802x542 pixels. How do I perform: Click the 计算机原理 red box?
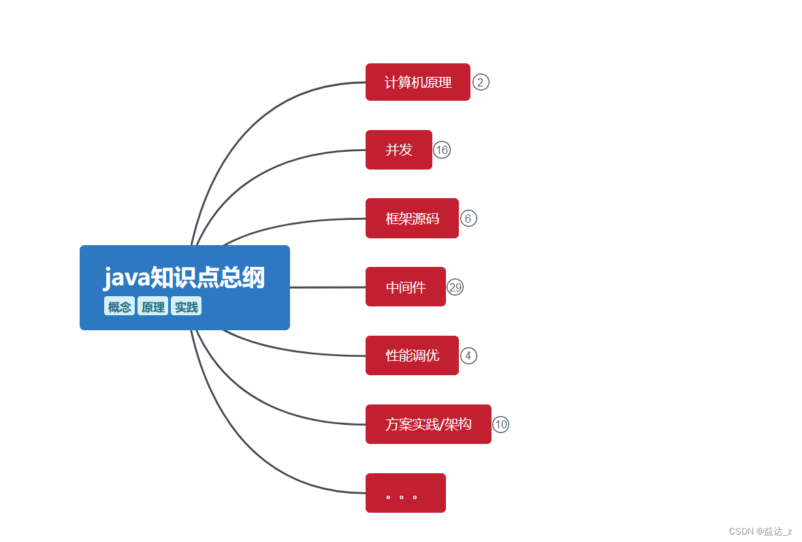click(417, 82)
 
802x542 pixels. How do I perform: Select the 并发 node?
click(398, 150)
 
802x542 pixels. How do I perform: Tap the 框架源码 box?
click(412, 219)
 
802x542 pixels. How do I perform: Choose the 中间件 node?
click(405, 287)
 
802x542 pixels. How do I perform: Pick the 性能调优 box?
click(412, 355)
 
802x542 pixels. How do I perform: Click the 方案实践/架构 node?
click(428, 424)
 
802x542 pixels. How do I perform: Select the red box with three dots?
click(405, 493)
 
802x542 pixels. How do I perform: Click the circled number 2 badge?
click(481, 82)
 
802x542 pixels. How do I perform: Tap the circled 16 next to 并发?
click(442, 150)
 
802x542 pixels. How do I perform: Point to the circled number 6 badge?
click(468, 219)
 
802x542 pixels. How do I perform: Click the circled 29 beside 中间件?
click(455, 287)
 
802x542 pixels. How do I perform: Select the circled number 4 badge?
click(468, 355)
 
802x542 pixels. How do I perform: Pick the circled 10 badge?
click(501, 424)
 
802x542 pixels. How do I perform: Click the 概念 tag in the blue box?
click(119, 306)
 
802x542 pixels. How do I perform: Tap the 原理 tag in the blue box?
click(153, 306)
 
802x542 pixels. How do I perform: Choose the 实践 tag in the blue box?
click(186, 306)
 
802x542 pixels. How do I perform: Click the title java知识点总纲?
click(184, 278)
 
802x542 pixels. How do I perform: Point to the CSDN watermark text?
click(760, 531)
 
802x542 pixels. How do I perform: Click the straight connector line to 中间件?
click(327, 287)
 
